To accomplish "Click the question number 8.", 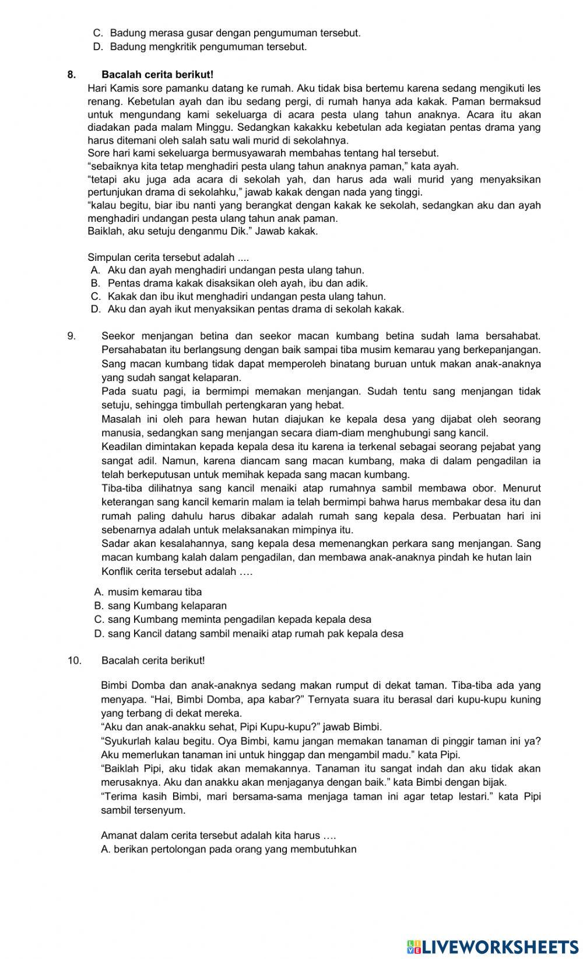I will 71,75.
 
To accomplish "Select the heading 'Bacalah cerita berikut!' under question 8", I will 157,75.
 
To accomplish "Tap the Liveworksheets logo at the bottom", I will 493,946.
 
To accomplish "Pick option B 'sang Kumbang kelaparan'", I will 160,606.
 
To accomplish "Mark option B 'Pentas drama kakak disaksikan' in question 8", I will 230,284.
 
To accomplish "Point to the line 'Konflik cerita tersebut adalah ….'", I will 177,571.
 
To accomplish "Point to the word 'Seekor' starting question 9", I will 117,336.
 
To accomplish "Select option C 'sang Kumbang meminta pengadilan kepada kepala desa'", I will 233,619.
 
